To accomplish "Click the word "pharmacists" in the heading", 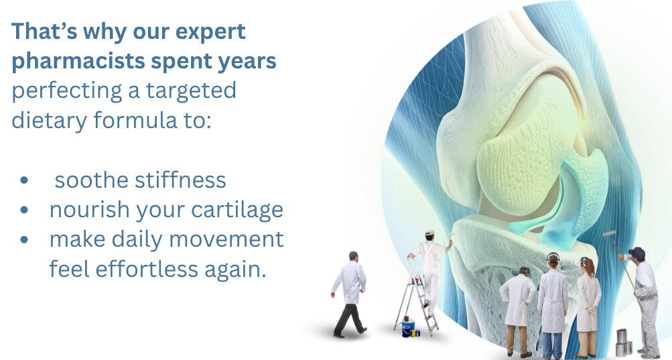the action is [x=78, y=62].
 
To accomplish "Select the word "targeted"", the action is [x=191, y=91].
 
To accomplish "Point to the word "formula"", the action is [x=135, y=120].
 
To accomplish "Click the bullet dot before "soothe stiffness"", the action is [x=24, y=180].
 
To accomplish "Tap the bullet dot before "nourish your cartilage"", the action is [x=24, y=210].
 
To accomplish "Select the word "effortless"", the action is [x=147, y=269].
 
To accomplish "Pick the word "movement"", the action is [x=226, y=239].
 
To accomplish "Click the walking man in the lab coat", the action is [x=350, y=294].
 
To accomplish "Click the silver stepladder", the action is [x=415, y=296].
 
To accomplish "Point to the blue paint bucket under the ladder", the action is [x=407, y=328].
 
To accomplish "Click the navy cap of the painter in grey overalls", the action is [x=637, y=252].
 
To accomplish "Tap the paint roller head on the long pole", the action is [x=609, y=234].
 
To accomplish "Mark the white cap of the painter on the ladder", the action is [x=429, y=232].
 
